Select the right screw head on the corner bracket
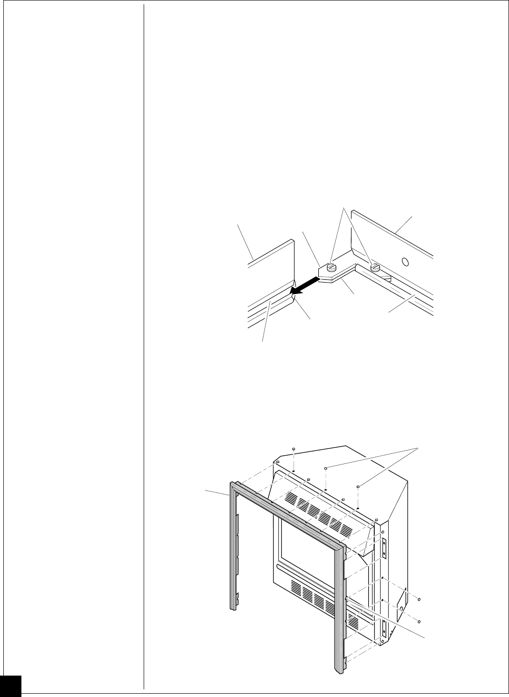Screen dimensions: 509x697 375,266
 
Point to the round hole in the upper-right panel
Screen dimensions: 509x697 405,261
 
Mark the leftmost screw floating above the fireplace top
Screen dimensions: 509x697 294,449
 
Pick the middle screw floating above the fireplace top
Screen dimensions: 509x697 326,469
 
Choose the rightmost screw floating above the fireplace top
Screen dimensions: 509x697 358,486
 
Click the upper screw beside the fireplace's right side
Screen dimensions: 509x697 419,599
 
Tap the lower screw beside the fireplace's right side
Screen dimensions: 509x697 419,621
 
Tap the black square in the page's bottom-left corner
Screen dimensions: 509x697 10,686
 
